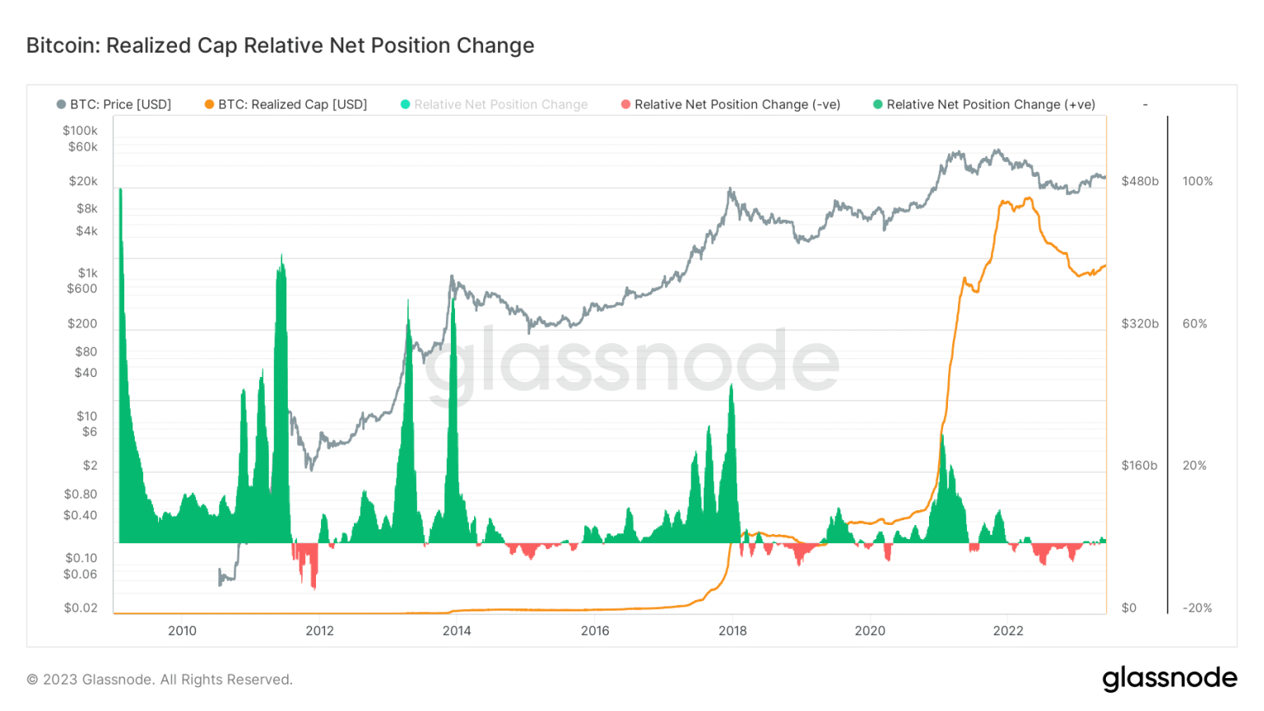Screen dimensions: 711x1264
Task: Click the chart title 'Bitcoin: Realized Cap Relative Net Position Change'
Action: click(x=280, y=45)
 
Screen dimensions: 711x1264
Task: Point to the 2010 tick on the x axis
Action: click(x=182, y=630)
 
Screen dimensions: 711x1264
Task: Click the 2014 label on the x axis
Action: click(x=457, y=630)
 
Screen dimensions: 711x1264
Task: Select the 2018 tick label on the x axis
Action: click(x=732, y=630)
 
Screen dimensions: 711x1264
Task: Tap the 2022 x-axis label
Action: click(x=1008, y=630)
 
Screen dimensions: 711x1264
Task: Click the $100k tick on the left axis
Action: click(x=80, y=130)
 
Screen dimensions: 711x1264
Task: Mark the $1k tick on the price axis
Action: click(x=87, y=272)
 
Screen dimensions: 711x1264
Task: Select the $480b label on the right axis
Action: click(x=1140, y=181)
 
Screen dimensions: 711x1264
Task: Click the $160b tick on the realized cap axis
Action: click(x=1139, y=465)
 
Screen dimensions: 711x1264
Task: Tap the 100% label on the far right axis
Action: click(x=1197, y=181)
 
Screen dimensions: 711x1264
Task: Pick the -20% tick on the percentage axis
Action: click(x=1197, y=607)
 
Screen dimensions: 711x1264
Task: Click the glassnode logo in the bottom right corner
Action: click(x=1169, y=678)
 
